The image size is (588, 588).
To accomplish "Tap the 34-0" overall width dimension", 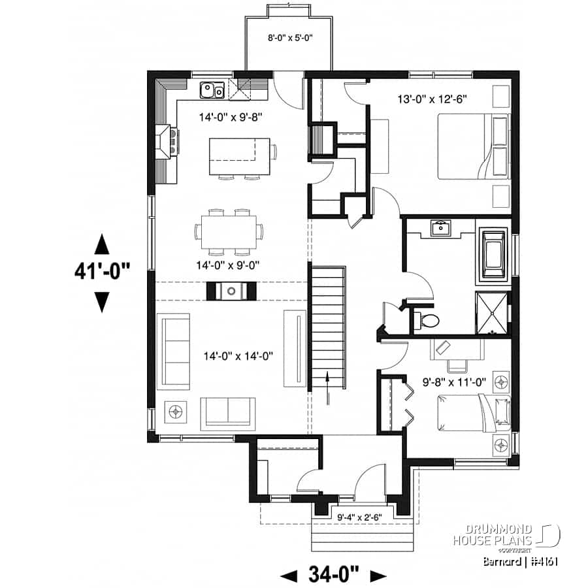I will [x=333, y=575].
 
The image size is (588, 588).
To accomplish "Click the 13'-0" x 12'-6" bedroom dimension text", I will [x=432, y=99].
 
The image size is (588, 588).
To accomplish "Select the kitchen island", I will [x=239, y=156].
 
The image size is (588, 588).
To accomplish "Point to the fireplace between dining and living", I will [x=231, y=291].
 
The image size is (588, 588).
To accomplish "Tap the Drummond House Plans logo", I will [x=510, y=535].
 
